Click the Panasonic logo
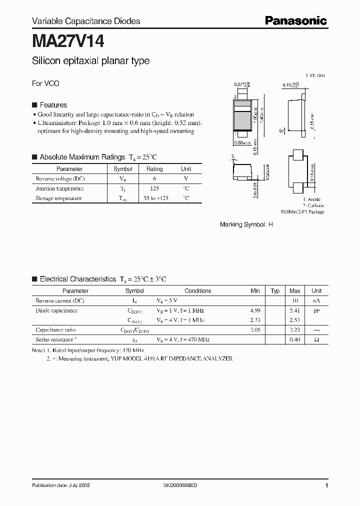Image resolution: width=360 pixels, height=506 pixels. [x=295, y=20]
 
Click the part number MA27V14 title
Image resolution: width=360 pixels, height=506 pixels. [x=68, y=40]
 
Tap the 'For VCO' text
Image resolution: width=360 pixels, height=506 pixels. [x=45, y=83]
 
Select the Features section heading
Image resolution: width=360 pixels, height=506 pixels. [x=53, y=105]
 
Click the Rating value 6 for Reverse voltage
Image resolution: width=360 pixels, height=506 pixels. [x=154, y=178]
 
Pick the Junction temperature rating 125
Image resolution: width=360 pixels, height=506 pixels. [x=154, y=188]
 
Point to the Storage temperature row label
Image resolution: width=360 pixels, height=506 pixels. [x=58, y=198]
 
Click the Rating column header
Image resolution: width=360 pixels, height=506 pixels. [x=154, y=169]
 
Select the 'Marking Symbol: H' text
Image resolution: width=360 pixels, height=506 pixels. [x=246, y=225]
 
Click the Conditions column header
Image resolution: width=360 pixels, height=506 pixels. [x=197, y=290]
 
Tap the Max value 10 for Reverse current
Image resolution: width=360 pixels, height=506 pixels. [x=295, y=301]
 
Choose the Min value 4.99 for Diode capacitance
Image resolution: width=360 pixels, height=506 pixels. [x=255, y=310]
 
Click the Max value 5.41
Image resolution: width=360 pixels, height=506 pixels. [x=295, y=310]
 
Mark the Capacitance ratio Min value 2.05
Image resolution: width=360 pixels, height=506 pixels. [x=255, y=330]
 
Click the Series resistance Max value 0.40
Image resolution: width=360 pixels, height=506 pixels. [x=295, y=339]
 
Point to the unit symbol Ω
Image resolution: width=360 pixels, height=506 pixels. [x=316, y=339]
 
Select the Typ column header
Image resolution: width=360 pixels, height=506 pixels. [x=275, y=290]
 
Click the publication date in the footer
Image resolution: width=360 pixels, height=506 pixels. [x=61, y=485]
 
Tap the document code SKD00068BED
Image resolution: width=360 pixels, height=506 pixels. [x=180, y=485]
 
